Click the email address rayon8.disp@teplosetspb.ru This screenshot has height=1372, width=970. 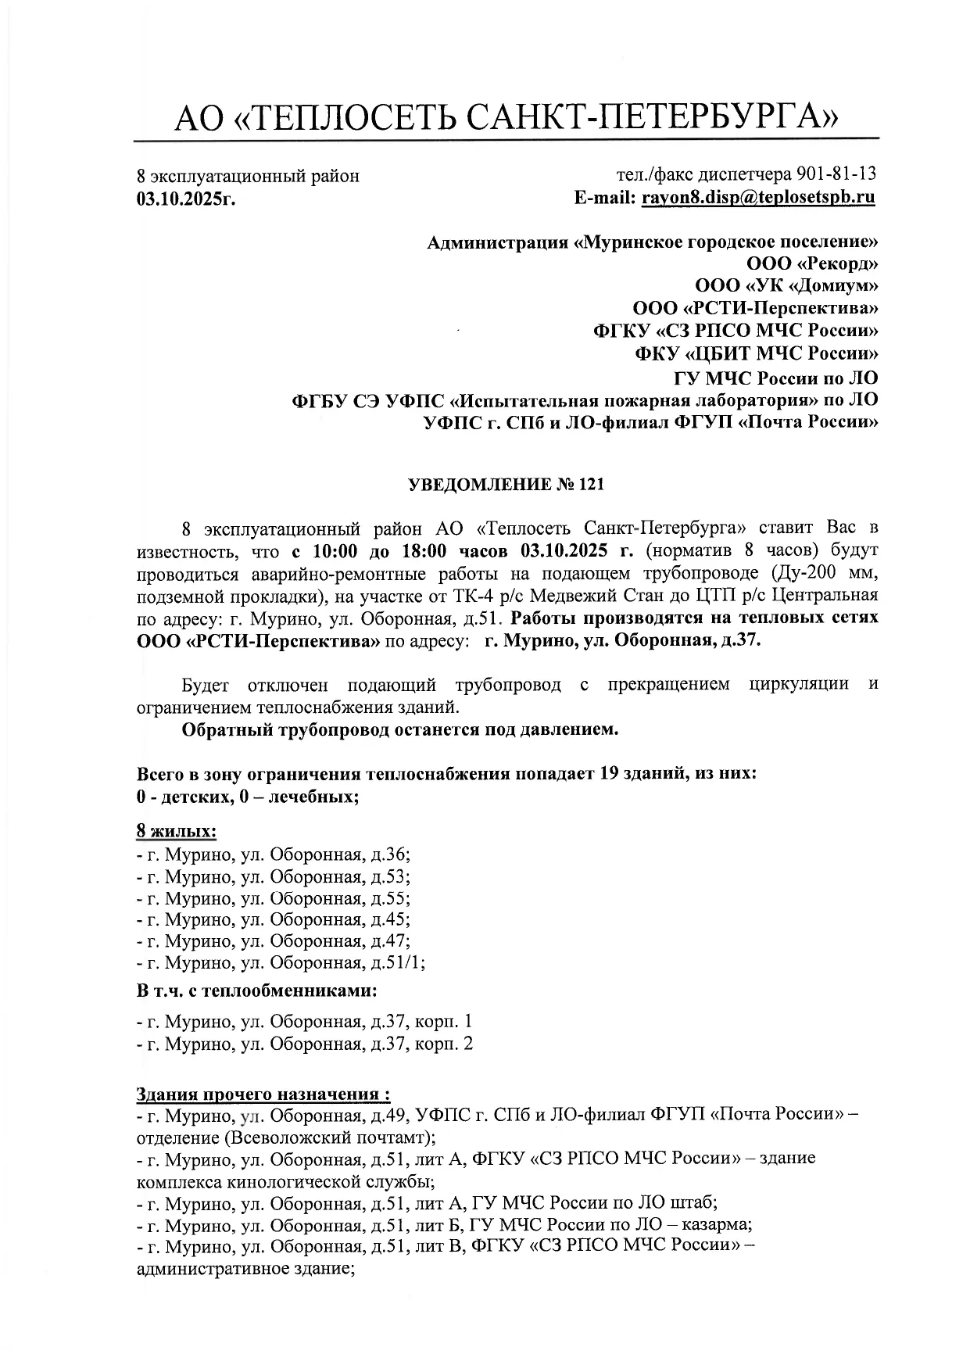point(758,197)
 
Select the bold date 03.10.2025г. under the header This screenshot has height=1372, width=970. point(186,199)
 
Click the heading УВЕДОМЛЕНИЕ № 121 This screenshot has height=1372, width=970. point(506,485)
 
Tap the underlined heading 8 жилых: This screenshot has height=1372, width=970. point(177,829)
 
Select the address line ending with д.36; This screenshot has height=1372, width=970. point(274,854)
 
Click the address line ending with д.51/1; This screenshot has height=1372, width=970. point(281,963)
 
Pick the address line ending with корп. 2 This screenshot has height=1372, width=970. point(305,1044)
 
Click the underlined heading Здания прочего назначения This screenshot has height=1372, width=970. point(263,1092)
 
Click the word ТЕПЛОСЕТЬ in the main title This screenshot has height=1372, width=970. point(360,119)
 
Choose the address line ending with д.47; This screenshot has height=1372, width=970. point(274,941)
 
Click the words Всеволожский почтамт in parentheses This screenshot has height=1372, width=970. point(314,1135)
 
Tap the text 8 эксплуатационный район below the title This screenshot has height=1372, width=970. point(248,176)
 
